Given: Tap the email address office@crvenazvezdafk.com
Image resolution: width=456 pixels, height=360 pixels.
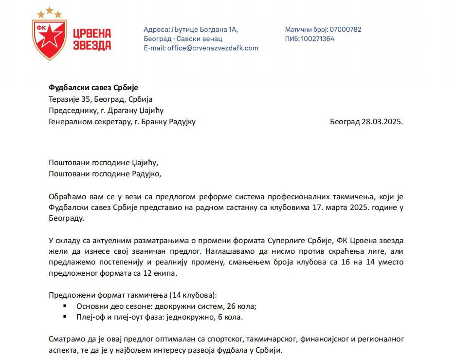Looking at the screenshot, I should pos(213,48).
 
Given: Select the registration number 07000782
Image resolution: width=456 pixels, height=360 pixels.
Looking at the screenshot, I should pos(346,29).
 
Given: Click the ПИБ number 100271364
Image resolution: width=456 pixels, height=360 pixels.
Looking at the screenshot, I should pos(317,38).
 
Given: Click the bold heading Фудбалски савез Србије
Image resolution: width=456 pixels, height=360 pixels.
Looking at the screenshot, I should pos(93,88).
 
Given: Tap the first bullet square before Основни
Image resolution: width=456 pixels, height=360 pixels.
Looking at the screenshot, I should pos(65,306).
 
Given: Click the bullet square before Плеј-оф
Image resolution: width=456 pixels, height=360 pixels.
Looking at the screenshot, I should pos(65,317).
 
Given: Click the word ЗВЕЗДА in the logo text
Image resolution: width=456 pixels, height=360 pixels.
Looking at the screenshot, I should pos(92,45).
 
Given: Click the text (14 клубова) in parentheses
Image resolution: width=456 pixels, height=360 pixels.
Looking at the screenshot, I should pos(193,295).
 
